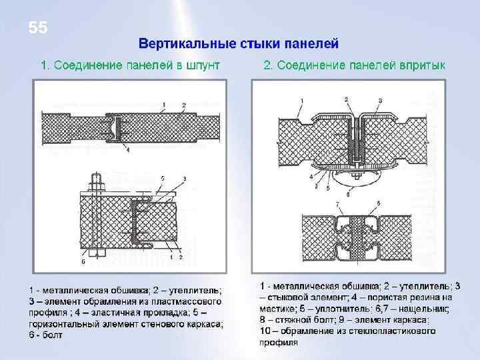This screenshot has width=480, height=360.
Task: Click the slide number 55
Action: tap(38, 28)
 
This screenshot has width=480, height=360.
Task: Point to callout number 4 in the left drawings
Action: tap(127, 151)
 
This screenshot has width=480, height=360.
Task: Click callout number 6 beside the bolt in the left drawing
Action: tap(83, 263)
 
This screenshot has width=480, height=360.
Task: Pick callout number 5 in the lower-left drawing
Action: tap(162, 178)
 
